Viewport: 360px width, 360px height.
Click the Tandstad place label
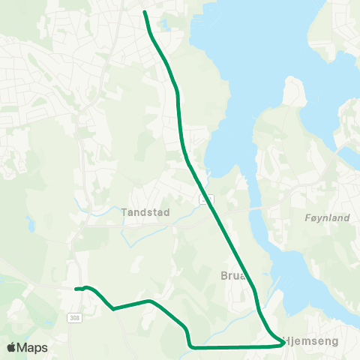click(x=145, y=212)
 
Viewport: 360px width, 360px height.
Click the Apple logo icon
click(x=13, y=348)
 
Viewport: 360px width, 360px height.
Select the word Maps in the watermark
click(x=34, y=348)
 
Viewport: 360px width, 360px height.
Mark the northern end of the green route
click(x=145, y=11)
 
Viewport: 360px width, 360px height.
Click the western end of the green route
click(x=76, y=289)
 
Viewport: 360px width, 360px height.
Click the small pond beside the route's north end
click(x=163, y=31)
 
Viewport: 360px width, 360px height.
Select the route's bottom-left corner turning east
click(x=191, y=346)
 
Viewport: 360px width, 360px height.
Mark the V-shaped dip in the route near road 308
click(x=112, y=308)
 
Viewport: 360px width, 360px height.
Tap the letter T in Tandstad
click(x=124, y=212)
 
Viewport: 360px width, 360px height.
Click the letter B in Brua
click(x=224, y=275)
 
